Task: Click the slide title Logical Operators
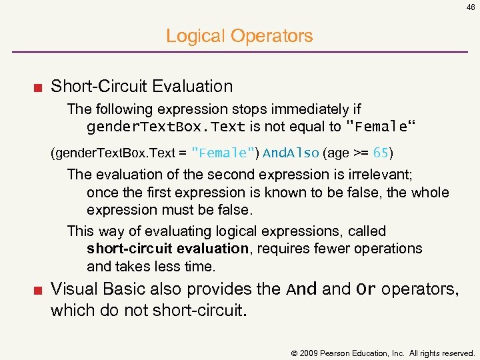(x=239, y=36)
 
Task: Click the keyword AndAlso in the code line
(x=291, y=153)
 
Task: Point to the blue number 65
(x=381, y=153)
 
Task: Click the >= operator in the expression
(x=361, y=153)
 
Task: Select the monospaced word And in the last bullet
(x=302, y=289)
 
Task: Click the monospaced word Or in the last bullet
(x=366, y=289)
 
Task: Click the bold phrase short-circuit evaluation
(x=167, y=249)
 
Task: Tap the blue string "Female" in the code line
(x=221, y=153)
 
